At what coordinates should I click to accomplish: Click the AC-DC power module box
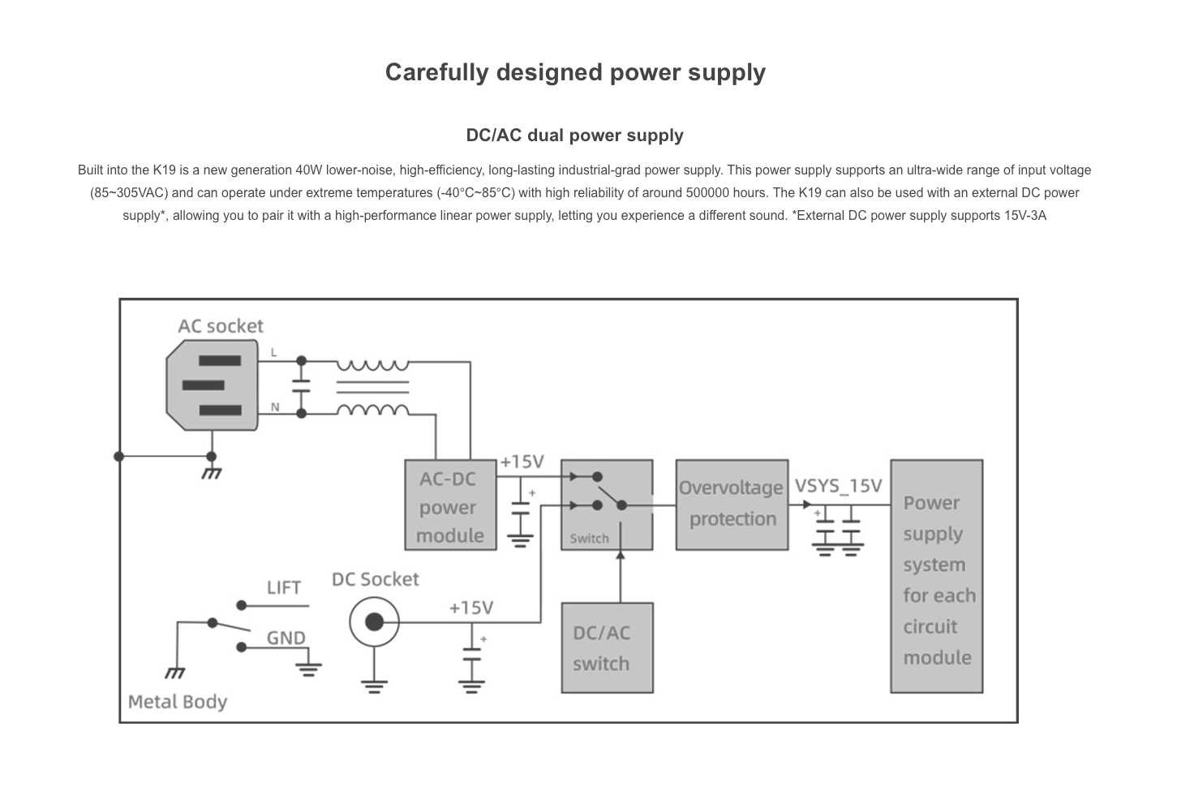(x=450, y=505)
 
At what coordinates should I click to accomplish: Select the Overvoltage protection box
(x=732, y=505)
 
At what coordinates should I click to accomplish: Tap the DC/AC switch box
(x=607, y=647)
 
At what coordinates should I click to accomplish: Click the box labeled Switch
(x=606, y=505)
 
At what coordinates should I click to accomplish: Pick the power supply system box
(x=936, y=576)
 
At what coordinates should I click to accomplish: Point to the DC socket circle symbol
(x=374, y=622)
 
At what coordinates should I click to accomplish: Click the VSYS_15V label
(x=838, y=486)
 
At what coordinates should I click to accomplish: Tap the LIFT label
(x=284, y=587)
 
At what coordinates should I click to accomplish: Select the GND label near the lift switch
(x=286, y=638)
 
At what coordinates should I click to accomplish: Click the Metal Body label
(x=178, y=702)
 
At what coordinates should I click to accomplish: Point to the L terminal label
(x=274, y=352)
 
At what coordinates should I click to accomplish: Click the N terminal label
(x=275, y=407)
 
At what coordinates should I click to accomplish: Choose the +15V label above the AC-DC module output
(x=522, y=462)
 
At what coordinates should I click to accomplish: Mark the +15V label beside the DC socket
(x=470, y=608)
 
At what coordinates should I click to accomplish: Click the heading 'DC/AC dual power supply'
(x=574, y=135)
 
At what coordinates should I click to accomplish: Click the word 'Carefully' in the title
(x=436, y=72)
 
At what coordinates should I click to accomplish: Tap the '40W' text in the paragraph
(x=308, y=170)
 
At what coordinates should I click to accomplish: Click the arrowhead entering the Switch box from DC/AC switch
(x=621, y=556)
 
